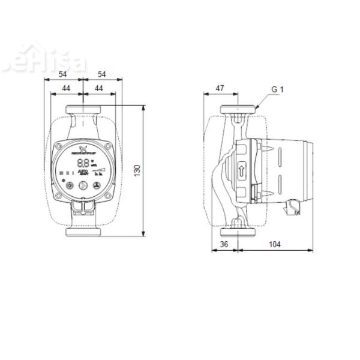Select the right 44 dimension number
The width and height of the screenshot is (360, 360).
[x=98, y=88]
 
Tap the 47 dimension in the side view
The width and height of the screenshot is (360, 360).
[x=220, y=88]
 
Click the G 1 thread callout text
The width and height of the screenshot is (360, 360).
[x=277, y=90]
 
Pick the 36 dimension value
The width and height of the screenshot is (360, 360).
[x=224, y=244]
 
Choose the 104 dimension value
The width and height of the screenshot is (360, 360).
[x=274, y=244]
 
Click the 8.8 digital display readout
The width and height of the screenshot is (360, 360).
[x=83, y=163]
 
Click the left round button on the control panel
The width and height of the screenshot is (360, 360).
[x=68, y=186]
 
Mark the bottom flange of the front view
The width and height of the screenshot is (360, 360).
[x=82, y=232]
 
